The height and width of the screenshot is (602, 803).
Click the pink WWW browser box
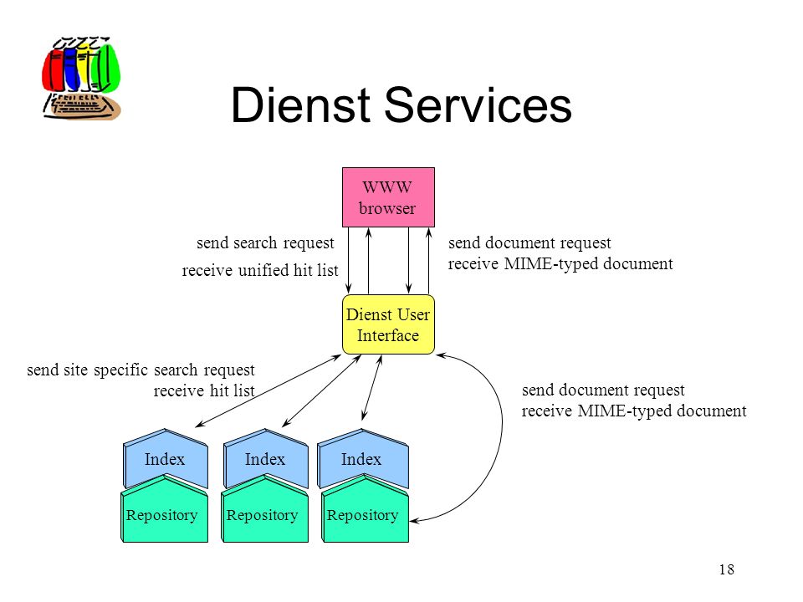pos(388,197)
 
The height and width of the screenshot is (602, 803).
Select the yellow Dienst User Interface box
pos(388,324)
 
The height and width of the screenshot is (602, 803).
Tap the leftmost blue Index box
pos(166,458)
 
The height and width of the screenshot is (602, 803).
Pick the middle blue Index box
pos(266,458)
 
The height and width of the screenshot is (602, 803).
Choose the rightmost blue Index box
pos(363,458)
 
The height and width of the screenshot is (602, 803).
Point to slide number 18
pos(727,569)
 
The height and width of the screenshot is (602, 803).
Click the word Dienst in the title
pos(300,105)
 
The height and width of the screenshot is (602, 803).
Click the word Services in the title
pos(478,105)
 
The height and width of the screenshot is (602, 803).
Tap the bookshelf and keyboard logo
pos(81,79)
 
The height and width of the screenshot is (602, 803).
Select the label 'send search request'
pos(265,242)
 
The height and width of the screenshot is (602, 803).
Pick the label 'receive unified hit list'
pos(260,270)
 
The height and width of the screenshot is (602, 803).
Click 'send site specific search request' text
pos(141,370)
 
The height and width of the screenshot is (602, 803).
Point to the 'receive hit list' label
pos(204,390)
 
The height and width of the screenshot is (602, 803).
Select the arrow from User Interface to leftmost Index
pos(269,390)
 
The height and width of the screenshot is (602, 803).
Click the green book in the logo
pos(109,67)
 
